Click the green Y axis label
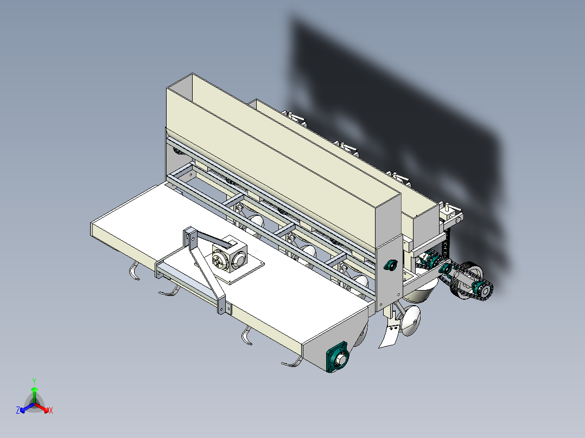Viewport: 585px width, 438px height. point(34,381)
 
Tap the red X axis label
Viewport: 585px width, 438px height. point(51,410)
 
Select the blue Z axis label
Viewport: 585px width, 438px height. point(18,410)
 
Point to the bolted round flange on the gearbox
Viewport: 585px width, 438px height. point(219,259)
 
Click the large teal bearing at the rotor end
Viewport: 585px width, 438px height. point(338,357)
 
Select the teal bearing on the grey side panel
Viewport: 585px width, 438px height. point(390,265)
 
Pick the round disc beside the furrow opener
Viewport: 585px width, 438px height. point(410,320)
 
